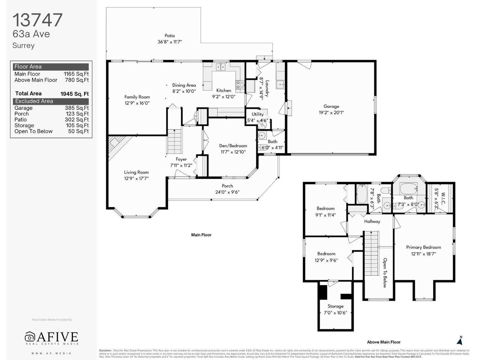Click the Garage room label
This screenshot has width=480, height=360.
click(x=331, y=106)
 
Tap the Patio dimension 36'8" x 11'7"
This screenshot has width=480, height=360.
click(x=169, y=42)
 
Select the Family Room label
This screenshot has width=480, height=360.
click(x=137, y=97)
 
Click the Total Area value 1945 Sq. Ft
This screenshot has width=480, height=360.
click(x=74, y=94)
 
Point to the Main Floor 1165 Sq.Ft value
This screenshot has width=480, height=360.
click(x=76, y=74)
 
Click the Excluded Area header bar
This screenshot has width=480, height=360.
click(x=51, y=101)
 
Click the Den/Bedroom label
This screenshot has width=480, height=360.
click(x=233, y=146)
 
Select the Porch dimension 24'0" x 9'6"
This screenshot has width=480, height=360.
click(x=227, y=192)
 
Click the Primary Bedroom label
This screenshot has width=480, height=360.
click(x=423, y=247)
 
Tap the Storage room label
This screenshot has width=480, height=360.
click(x=335, y=306)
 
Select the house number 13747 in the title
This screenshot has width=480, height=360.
click(x=37, y=20)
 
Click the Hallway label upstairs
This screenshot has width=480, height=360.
click(x=372, y=221)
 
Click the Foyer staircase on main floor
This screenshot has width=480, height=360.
click(x=175, y=141)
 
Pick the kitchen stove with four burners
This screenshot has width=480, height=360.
click(x=240, y=85)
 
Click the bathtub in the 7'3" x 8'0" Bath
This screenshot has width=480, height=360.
click(x=408, y=189)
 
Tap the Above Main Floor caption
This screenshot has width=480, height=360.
click(x=383, y=342)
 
